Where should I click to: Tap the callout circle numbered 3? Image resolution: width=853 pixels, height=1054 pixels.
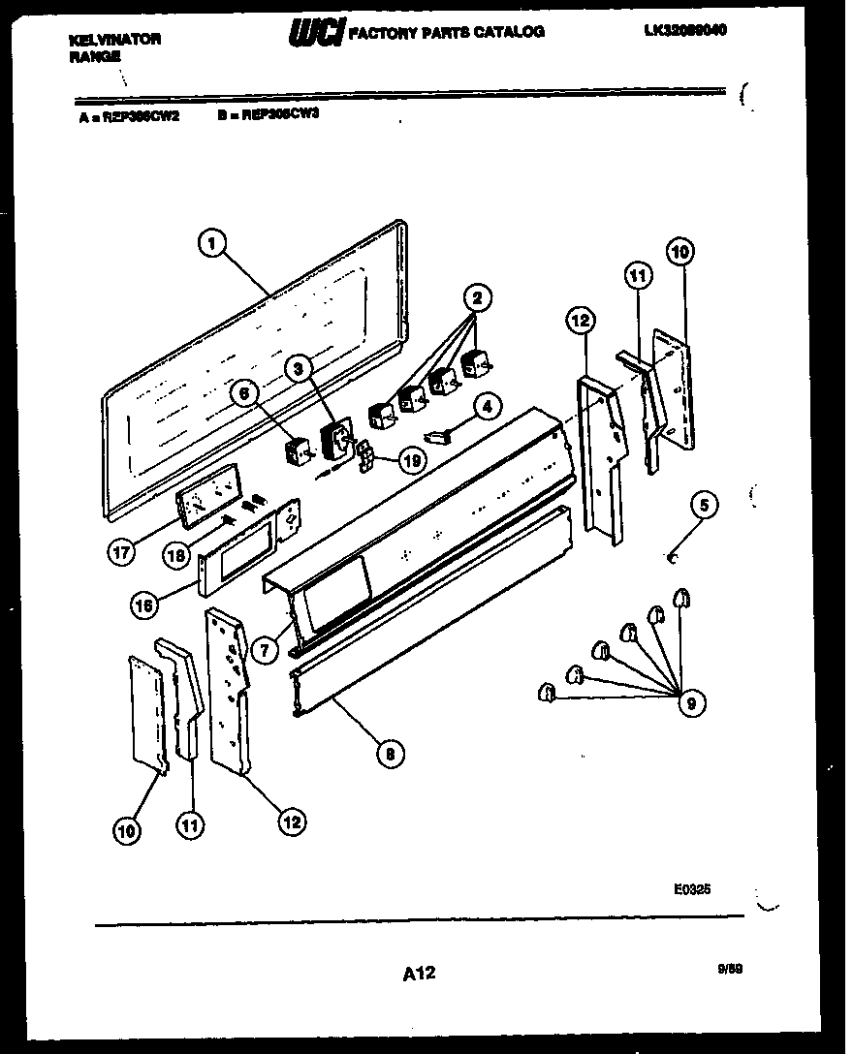pos(299,367)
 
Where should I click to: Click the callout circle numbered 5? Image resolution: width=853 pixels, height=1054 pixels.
pos(705,504)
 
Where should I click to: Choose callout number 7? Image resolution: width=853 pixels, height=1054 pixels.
pos(262,649)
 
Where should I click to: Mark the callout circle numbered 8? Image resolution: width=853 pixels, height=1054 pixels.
pos(389,752)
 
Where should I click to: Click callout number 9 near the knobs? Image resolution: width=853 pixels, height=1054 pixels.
pos(689,702)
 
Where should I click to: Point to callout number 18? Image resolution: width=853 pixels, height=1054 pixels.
pos(176,555)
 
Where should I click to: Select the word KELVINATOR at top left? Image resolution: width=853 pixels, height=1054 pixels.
pos(115,40)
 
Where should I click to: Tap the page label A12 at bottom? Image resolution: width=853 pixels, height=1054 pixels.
pos(418,973)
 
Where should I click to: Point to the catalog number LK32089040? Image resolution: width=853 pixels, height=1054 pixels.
pos(684,30)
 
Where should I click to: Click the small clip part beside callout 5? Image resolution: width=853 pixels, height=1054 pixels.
pos(672,556)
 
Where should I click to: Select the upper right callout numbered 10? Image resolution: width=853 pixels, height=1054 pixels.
pos(680,251)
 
